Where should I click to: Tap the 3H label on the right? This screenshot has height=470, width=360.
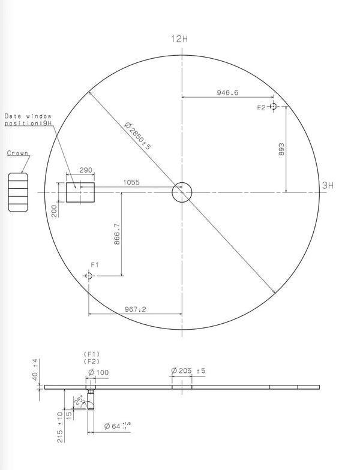tap(327, 186)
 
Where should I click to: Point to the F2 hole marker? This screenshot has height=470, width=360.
tap(273, 107)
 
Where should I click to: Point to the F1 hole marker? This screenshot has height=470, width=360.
tap(89, 276)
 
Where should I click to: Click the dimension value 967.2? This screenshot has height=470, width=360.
tap(136, 309)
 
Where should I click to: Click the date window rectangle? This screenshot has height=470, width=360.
tap(80, 192)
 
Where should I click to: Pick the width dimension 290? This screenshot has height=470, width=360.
tap(86, 171)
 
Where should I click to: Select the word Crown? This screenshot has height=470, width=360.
tap(17, 153)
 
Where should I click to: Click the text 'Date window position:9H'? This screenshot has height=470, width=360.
tap(28, 119)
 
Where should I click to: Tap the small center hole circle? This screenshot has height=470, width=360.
tap(182, 192)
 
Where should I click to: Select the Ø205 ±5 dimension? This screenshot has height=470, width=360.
tap(188, 371)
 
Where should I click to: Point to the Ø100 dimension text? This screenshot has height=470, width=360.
tap(98, 372)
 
